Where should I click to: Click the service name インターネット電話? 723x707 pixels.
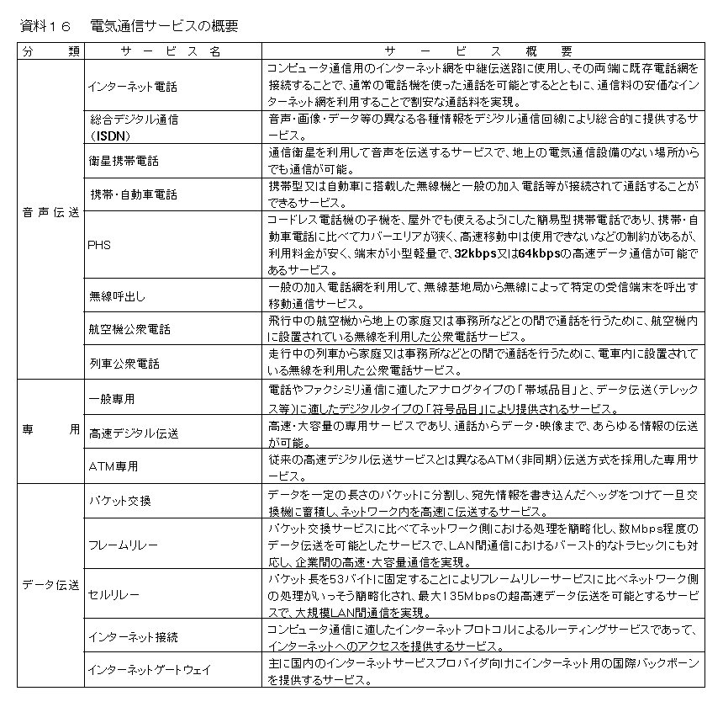click(x=133, y=85)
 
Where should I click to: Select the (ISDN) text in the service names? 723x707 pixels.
click(x=110, y=134)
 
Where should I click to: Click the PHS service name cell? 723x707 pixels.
click(x=99, y=245)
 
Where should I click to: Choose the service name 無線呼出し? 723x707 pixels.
click(x=117, y=295)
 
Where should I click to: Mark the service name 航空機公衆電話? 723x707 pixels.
click(x=129, y=329)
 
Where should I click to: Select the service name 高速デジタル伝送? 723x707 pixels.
click(x=134, y=433)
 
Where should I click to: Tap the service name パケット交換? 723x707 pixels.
click(x=120, y=500)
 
